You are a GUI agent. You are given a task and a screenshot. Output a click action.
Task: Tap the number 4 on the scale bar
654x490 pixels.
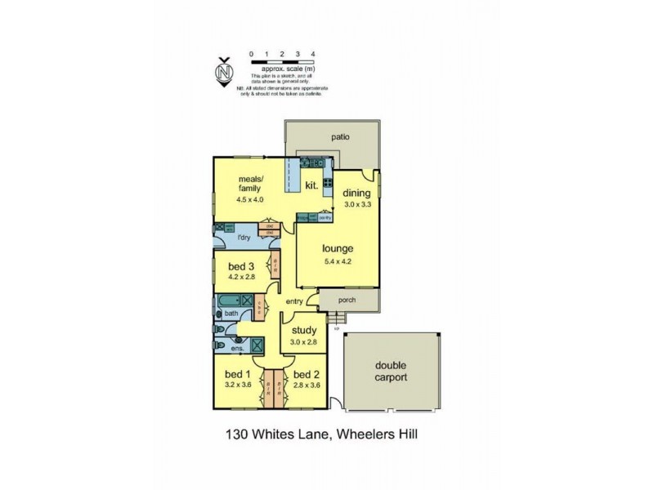click(314, 53)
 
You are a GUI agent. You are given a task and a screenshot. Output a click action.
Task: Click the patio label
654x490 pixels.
click(340, 137)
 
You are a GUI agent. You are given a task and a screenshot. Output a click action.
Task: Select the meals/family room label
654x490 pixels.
click(250, 184)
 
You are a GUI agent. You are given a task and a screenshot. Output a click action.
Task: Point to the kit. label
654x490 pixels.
click(311, 186)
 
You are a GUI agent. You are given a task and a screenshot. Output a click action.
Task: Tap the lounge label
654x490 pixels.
click(337, 248)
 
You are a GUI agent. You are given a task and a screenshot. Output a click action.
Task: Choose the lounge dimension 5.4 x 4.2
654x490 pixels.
click(337, 261)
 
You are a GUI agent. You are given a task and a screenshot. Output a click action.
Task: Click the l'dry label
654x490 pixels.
click(243, 238)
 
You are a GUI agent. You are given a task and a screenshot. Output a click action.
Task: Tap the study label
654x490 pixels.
click(304, 331)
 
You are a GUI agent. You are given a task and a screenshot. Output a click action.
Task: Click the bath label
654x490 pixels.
click(231, 313)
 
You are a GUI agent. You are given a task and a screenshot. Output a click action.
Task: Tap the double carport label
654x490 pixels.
click(391, 372)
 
